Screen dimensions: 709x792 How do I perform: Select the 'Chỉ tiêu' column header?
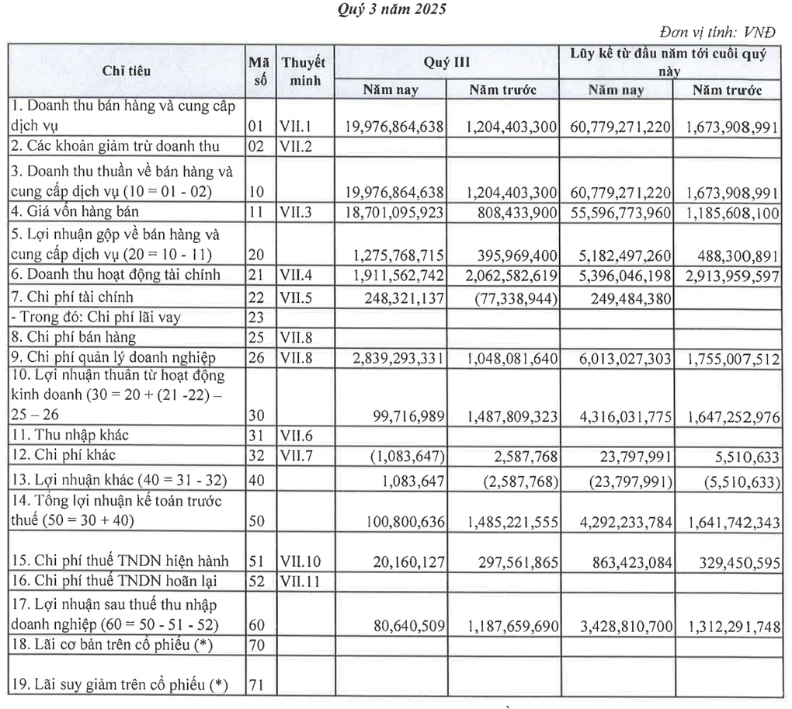click(127, 71)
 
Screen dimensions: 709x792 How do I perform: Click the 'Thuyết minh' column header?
click(304, 71)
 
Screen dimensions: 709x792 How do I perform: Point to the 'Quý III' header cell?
click(446, 62)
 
